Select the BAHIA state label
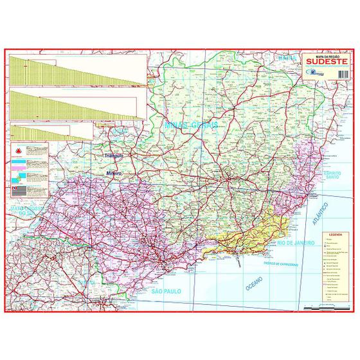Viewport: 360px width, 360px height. (286, 59)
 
